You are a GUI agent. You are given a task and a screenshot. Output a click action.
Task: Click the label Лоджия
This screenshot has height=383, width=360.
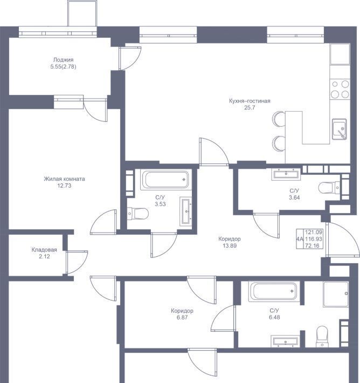[x=63, y=59]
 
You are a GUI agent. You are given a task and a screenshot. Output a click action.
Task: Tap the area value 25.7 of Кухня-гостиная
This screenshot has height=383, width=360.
[x=250, y=107]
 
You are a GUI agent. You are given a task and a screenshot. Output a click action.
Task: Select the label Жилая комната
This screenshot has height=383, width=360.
[x=65, y=179]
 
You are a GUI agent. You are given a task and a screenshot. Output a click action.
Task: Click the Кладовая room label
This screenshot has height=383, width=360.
[x=44, y=250]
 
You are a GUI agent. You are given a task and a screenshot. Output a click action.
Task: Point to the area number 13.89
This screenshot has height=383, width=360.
[x=230, y=246]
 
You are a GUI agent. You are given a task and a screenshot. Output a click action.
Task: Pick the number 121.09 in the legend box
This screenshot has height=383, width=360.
[x=314, y=232]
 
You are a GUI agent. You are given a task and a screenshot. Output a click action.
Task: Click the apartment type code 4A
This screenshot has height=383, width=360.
[x=300, y=239]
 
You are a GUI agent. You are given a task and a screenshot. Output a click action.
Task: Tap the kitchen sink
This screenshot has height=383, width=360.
[x=340, y=129]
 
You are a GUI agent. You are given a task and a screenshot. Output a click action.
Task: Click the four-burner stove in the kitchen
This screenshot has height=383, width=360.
[x=340, y=89]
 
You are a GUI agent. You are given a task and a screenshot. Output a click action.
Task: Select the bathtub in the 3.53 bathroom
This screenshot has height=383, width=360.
[x=166, y=180]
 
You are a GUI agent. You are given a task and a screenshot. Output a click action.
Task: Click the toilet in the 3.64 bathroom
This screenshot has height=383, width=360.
[x=329, y=188]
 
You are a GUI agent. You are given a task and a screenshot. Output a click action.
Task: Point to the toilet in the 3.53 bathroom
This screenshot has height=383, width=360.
[x=138, y=214]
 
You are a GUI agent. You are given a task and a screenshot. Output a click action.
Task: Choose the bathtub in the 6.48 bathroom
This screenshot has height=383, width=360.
[x=274, y=291]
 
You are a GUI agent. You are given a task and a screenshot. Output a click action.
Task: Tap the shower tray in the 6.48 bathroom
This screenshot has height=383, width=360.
[x=336, y=294]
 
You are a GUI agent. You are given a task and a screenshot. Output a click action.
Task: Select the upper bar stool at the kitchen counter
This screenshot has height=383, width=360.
[x=279, y=119]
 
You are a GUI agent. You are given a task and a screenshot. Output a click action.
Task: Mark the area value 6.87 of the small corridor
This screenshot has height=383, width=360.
[x=182, y=318]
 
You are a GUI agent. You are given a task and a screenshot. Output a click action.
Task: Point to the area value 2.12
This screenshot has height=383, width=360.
[x=44, y=256]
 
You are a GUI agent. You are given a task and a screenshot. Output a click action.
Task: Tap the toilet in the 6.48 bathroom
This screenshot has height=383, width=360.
[x=322, y=337]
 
